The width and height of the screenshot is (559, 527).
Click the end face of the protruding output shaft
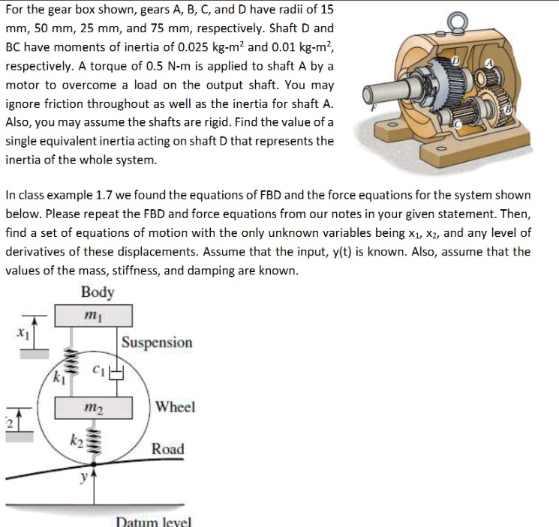(x=367, y=95)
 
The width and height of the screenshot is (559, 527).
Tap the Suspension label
(x=157, y=343)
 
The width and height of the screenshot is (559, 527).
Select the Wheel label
(x=176, y=407)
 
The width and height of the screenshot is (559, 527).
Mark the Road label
(x=167, y=449)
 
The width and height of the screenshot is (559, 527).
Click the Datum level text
(x=155, y=521)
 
